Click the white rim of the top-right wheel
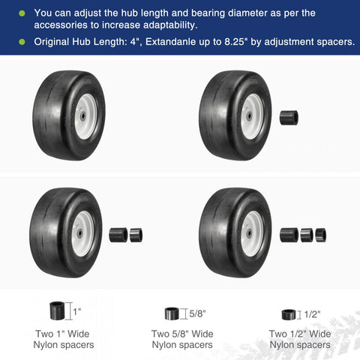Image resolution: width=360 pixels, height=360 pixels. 252,116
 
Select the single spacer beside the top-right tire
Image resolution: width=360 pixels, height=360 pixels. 289,118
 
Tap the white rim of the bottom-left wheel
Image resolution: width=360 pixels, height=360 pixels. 84,233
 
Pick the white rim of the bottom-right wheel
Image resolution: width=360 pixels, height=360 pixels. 252,233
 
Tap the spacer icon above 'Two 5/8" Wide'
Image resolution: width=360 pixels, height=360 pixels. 172,313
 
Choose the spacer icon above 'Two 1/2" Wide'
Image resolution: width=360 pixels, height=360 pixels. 288,315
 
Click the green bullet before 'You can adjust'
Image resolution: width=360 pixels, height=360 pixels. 22,13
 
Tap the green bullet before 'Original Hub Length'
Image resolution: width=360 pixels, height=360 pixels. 22,41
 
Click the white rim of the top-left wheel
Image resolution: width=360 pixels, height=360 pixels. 85,116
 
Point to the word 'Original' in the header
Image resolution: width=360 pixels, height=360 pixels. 54,41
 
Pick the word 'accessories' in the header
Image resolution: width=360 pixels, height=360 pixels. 64,25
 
